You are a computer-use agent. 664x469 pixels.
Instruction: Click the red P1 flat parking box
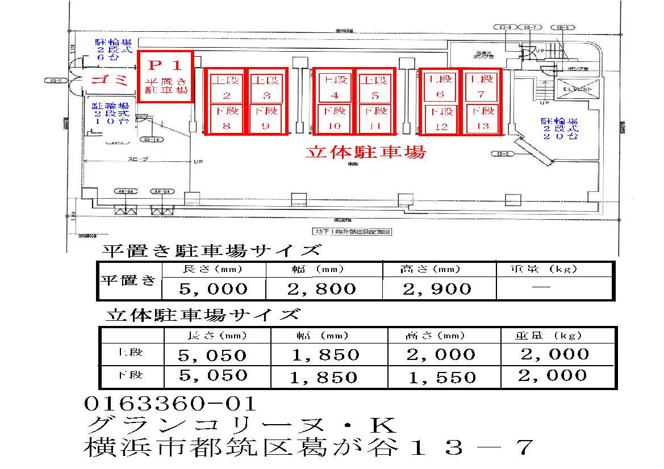[166, 76]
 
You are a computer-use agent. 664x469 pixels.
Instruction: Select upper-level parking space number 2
[226, 87]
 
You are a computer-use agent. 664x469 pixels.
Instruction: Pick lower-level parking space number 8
[226, 119]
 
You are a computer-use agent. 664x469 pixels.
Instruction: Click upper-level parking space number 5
[373, 87]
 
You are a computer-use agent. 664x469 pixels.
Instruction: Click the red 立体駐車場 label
[365, 152]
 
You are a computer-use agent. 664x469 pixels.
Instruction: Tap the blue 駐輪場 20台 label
[559, 129]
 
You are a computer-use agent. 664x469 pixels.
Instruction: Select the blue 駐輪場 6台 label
[113, 49]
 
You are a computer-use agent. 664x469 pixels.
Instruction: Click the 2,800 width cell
[321, 288]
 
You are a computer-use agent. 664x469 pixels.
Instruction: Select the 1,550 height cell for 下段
[441, 377]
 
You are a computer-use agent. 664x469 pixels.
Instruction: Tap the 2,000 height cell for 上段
[441, 355]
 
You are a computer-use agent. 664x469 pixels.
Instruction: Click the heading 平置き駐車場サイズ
[211, 250]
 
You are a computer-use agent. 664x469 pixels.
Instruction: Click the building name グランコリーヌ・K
[239, 425]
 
